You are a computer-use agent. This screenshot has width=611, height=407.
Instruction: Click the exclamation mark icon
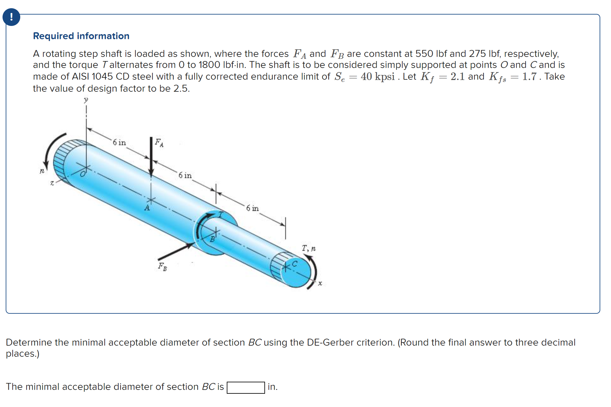[x=11, y=17]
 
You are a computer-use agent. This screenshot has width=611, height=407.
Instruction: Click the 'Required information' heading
[x=81, y=36]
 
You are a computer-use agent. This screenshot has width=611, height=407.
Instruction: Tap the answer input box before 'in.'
[x=245, y=387]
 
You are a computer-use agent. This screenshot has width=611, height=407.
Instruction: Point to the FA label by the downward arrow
[x=159, y=143]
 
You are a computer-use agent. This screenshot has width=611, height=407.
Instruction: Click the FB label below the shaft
[x=162, y=267]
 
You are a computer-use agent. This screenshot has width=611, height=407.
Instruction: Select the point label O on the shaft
[x=83, y=174]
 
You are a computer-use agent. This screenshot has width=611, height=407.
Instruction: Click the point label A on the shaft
[x=147, y=208]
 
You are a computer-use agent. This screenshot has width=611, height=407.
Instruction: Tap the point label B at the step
[x=213, y=239]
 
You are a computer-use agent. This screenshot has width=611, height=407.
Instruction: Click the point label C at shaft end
[x=294, y=263]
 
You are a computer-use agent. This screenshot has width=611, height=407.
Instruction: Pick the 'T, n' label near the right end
[x=308, y=248]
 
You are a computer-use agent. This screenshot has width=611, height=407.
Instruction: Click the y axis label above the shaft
[x=86, y=100]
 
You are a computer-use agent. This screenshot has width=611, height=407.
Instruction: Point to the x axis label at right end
[x=320, y=283]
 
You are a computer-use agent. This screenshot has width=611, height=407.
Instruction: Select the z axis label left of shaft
[x=52, y=183]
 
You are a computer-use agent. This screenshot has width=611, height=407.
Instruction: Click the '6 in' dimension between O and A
[x=119, y=143]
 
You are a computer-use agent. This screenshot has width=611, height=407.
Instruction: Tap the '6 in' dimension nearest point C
[x=252, y=208]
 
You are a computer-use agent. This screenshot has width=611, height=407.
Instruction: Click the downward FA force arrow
[x=151, y=157]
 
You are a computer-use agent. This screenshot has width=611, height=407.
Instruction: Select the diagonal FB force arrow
[x=176, y=251]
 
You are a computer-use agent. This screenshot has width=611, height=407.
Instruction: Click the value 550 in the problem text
[x=424, y=54]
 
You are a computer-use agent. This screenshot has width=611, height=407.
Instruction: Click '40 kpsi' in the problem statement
[x=377, y=77]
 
